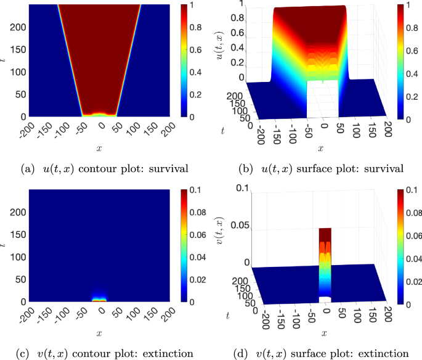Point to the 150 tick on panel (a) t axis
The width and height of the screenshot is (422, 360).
pos(18,49)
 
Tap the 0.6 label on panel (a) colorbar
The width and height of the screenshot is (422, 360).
pos(196,49)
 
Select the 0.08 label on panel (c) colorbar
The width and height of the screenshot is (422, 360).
pos(198,212)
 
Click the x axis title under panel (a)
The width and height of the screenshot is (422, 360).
pos(99,149)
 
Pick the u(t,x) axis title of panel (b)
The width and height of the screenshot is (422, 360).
pos(220,46)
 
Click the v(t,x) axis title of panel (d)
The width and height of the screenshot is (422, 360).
pos(220,230)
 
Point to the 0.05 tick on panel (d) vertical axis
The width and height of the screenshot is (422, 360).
pos(240,225)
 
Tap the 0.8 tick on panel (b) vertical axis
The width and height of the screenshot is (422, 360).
pos(237,18)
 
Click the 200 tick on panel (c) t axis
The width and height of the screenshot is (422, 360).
pos(18,212)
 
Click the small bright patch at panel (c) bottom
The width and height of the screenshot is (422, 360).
pos(99,300)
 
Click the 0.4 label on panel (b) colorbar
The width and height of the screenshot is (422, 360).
pos(412,73)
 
